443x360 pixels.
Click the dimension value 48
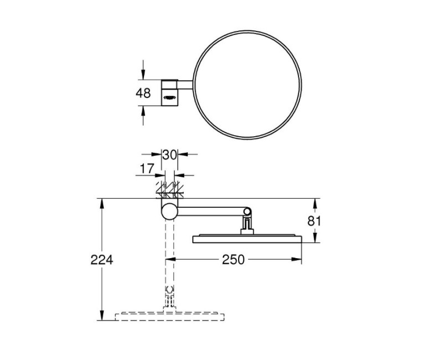click(x=143, y=93)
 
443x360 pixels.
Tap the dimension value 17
click(x=147, y=168)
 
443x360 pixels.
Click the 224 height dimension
click(x=102, y=259)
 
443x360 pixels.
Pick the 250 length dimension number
click(x=233, y=259)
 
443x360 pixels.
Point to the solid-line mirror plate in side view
click(x=247, y=239)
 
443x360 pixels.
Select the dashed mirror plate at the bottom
click(x=170, y=317)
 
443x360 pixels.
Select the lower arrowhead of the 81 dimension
click(x=316, y=239)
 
